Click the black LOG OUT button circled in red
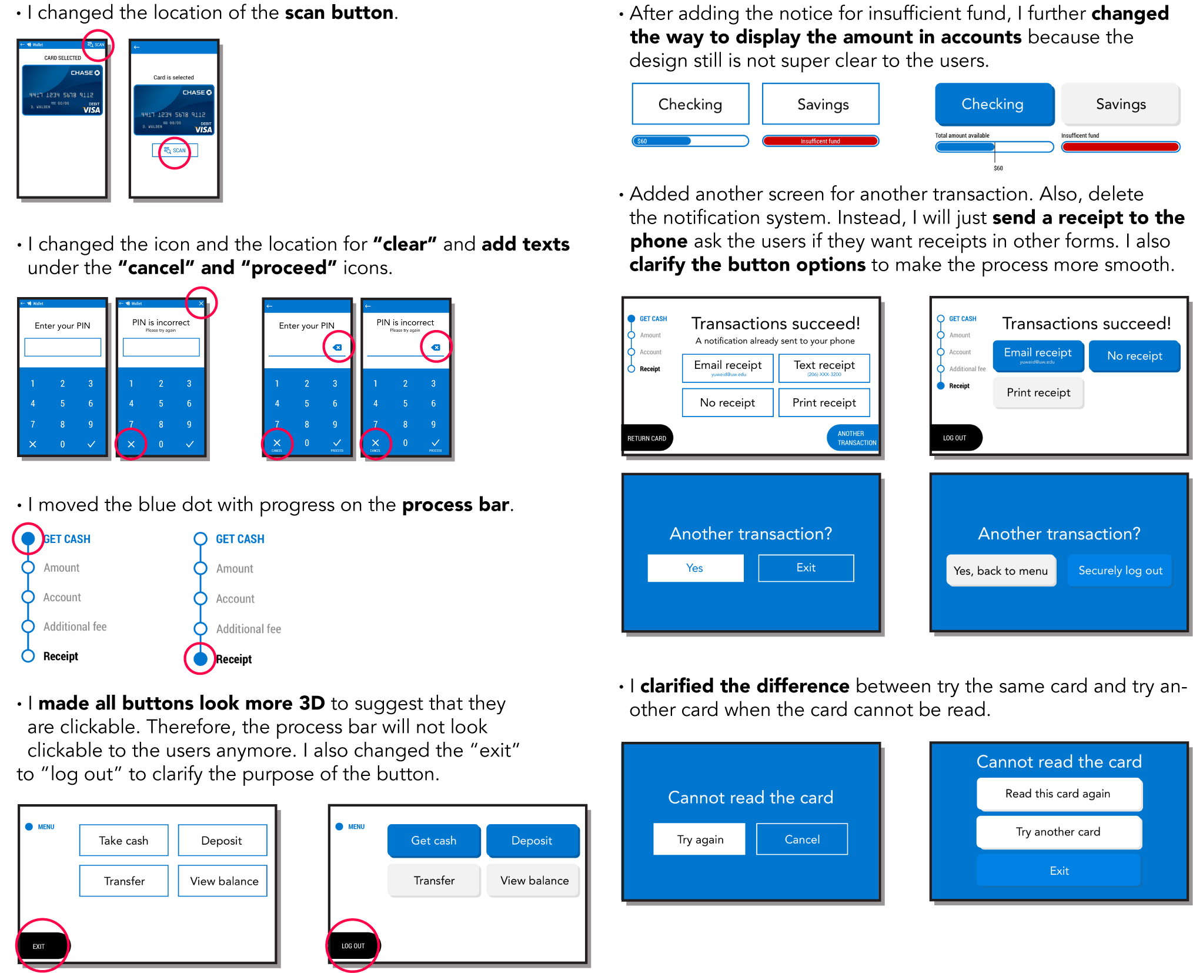353,945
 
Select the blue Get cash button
433,841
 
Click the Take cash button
123,841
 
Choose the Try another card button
1058,832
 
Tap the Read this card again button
1058,794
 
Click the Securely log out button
1120,571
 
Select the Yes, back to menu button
1001,571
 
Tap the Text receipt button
824,368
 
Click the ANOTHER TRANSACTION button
856,438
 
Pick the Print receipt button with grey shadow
1038,392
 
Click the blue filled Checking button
993,104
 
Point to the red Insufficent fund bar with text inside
820,141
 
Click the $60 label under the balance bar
998,168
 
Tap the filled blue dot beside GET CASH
28,538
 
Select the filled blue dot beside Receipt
200,659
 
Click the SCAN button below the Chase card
175,151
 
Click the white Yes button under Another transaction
695,568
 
